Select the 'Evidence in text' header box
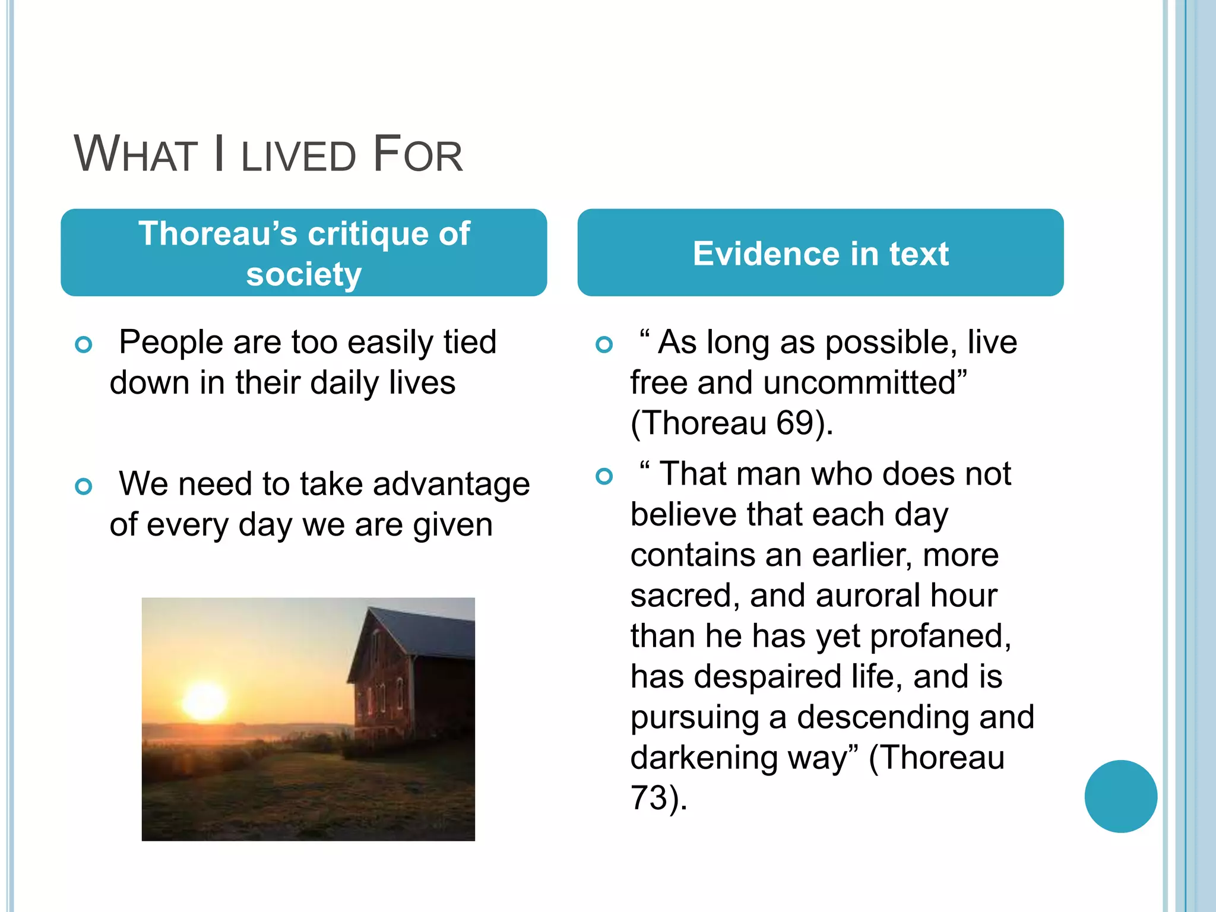coord(820,253)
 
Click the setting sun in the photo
coord(204,701)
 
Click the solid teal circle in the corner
coord(1120,796)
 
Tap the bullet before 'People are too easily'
coord(84,344)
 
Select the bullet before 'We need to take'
coord(84,487)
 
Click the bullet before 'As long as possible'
coord(604,344)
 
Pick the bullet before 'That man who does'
coord(604,476)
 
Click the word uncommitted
coord(864,382)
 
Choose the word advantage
coord(451,484)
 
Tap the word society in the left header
coord(303,274)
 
